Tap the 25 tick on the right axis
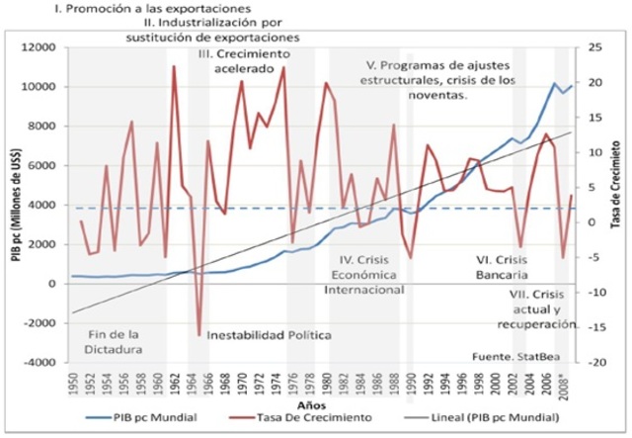[x=593, y=47]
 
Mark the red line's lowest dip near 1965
[x=198, y=335]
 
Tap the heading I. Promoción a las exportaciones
[x=112, y=9]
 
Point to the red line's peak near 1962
[x=174, y=67]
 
